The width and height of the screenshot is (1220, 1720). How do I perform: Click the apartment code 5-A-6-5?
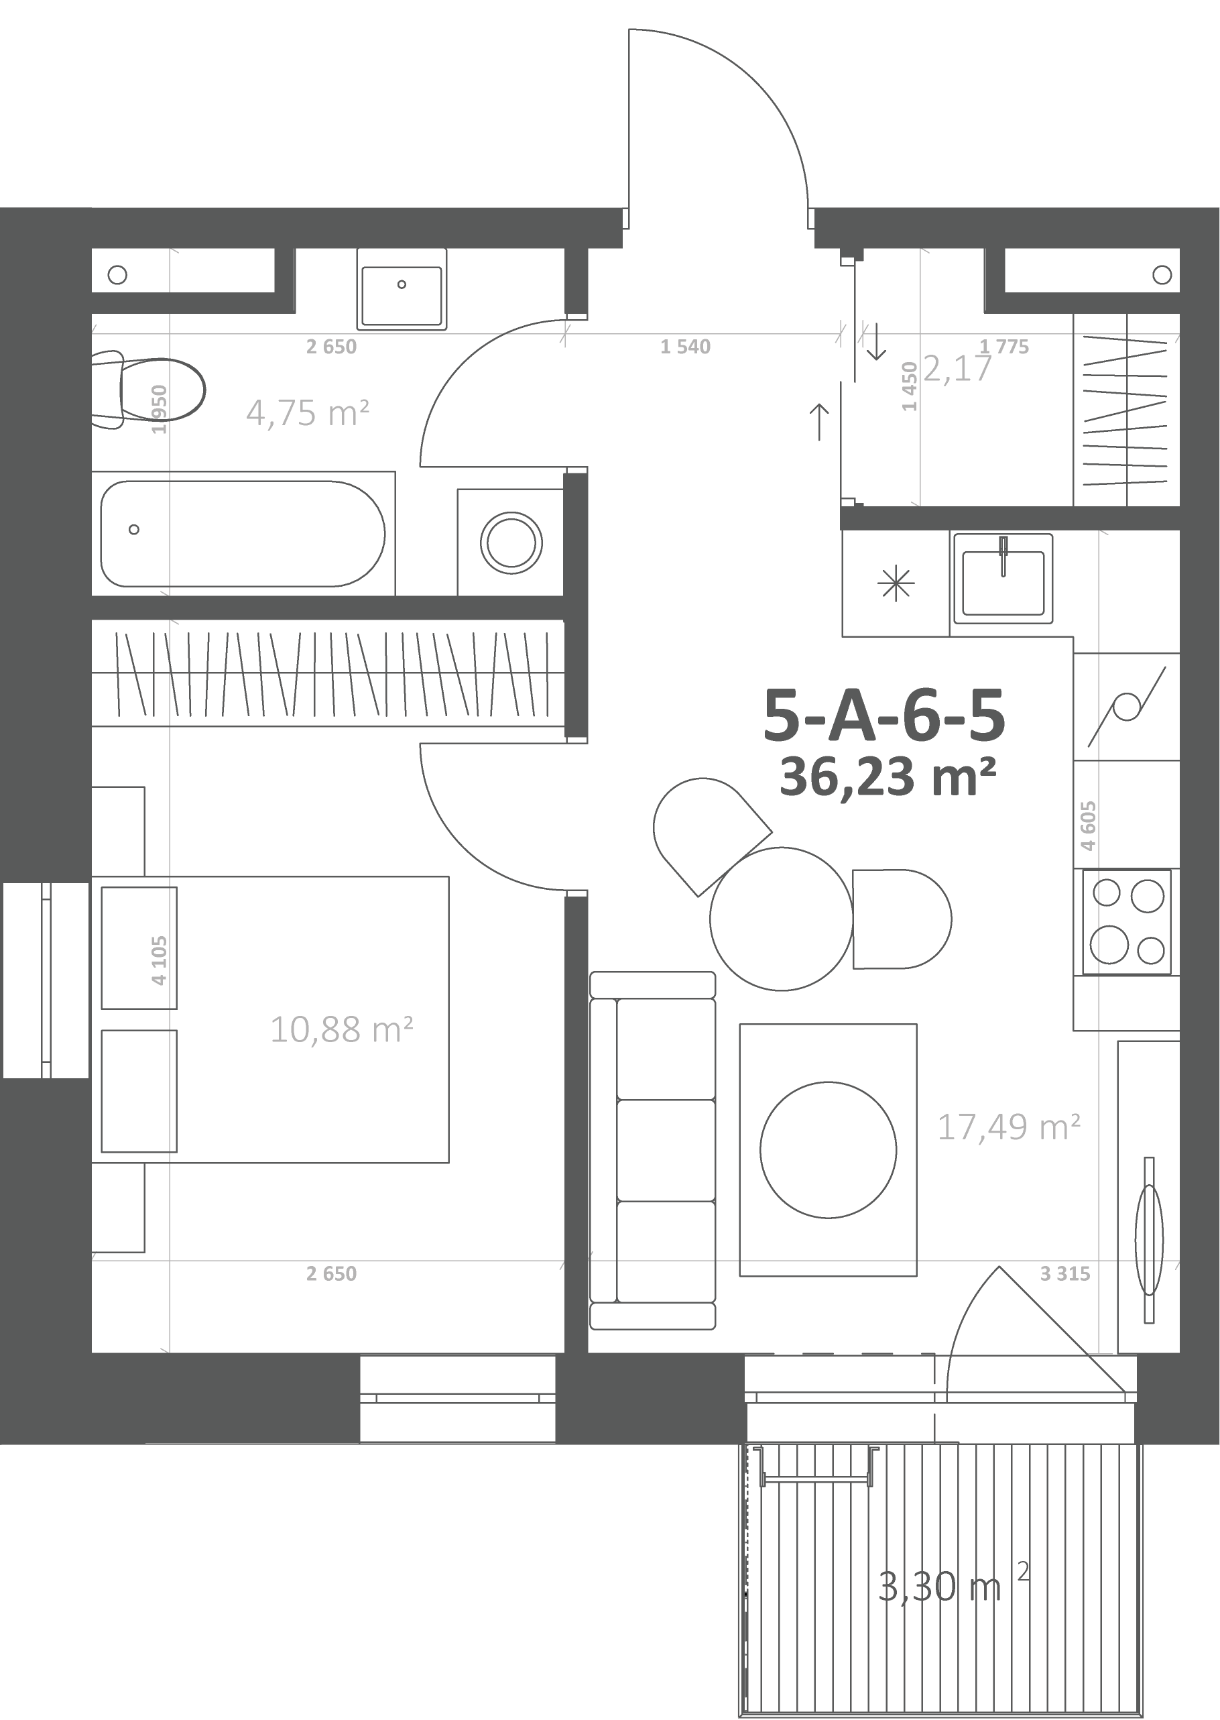884,715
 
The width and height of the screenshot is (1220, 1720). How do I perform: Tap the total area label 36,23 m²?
888,777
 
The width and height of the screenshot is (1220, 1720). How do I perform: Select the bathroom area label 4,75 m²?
307,413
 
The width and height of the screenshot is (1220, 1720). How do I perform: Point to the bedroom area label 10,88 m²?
341,1029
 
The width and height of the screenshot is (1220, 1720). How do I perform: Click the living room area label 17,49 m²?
1009,1127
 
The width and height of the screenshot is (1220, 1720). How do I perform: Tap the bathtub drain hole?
133,530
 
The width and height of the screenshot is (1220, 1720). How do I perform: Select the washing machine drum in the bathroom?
511,542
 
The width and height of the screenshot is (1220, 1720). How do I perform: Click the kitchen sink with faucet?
1003,578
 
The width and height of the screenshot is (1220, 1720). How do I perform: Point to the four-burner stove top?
1127,922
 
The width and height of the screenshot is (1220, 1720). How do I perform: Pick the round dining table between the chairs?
782,918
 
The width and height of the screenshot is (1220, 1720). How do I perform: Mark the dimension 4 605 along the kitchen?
1089,826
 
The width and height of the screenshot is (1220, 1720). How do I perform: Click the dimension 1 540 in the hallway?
685,347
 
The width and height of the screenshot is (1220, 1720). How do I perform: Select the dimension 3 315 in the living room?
1064,1273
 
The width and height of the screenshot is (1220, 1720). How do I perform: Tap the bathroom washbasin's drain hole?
402,285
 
